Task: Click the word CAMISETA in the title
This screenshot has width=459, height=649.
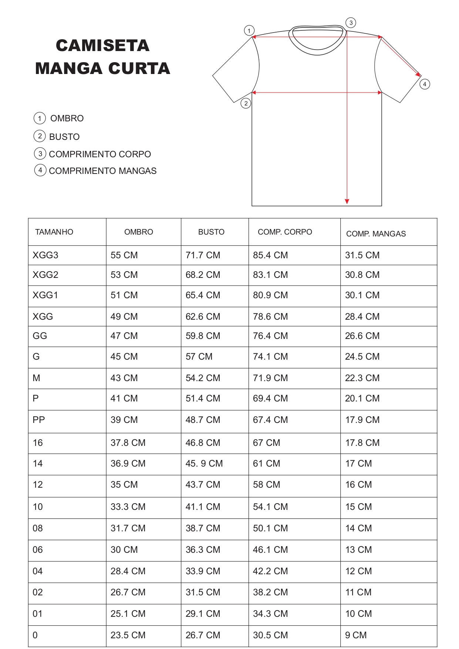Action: click(x=102, y=46)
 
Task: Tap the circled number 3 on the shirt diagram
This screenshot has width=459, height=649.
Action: click(x=351, y=23)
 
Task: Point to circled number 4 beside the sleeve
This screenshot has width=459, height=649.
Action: click(x=424, y=84)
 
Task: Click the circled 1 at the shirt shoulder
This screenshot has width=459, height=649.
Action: click(x=249, y=30)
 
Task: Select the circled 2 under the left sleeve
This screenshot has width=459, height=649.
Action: click(x=246, y=103)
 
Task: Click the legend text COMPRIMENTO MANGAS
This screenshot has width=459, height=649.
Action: click(x=102, y=171)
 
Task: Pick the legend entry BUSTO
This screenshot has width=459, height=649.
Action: click(x=64, y=137)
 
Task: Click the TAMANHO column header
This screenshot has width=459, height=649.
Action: click(x=54, y=232)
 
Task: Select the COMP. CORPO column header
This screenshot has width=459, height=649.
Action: click(x=285, y=232)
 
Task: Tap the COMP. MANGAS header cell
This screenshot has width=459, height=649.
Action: click(x=376, y=234)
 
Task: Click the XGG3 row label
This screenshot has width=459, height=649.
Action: click(x=45, y=255)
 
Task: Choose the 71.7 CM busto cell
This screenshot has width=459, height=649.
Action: click(x=203, y=255)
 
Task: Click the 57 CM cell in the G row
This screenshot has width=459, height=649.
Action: click(x=199, y=357)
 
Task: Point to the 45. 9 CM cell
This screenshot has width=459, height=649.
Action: click(x=204, y=464)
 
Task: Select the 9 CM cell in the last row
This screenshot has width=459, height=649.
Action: click(x=356, y=635)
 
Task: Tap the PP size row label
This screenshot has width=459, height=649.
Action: click(x=39, y=420)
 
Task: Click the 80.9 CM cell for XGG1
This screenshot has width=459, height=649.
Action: click(x=270, y=295)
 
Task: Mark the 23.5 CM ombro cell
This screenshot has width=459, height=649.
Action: click(x=128, y=635)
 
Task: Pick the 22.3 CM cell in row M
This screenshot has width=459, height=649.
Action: click(x=362, y=378)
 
